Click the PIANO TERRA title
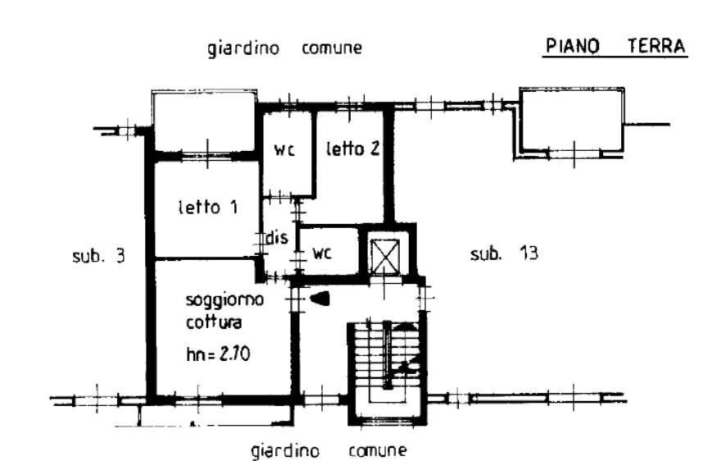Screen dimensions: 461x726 tap(615, 47)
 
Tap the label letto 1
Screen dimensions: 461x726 tap(209, 208)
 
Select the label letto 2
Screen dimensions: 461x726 tap(352, 149)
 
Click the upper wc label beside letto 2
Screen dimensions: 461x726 tap(284, 150)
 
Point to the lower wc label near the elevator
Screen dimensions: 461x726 tap(321, 253)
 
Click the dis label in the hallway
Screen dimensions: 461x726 tap(277, 239)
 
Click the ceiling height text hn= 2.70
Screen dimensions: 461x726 tap(218, 354)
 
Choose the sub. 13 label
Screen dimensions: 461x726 tap(504, 253)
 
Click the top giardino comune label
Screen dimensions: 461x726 tap(284, 48)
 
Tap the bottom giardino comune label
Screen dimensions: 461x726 tap(329, 450)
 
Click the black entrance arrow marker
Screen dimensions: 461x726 tap(320, 299)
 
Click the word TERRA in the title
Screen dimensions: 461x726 tap(656, 47)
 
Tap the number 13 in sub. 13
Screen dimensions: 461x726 tap(529, 253)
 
